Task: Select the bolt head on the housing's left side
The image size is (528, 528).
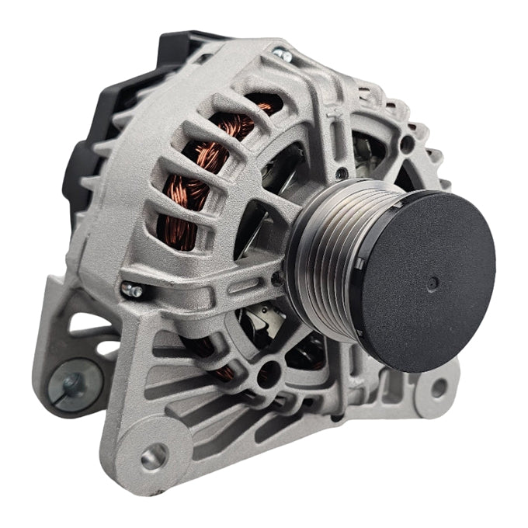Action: [132, 290]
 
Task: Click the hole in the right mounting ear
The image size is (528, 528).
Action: [439, 388]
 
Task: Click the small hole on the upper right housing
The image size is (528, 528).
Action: [407, 142]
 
